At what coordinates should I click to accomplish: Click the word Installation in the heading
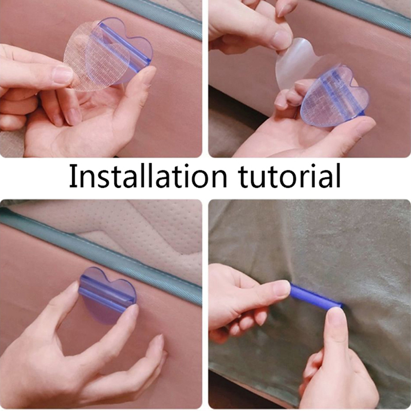click(148, 175)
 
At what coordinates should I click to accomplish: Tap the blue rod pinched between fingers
click(315, 296)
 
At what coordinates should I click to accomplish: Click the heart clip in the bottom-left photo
click(107, 295)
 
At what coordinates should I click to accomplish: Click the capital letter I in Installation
click(72, 176)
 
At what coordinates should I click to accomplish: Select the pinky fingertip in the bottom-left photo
click(158, 343)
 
